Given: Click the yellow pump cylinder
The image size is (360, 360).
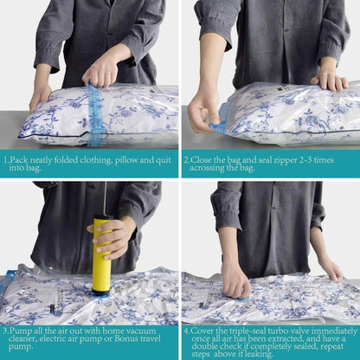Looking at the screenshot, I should point(101,255).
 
